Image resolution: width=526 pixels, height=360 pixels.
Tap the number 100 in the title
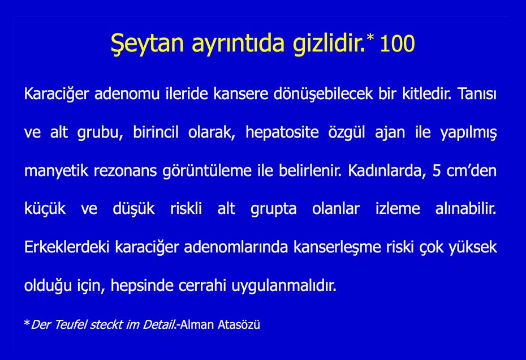pyautogui.click(x=397, y=44)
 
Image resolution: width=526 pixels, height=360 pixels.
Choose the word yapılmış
pyautogui.click(x=468, y=132)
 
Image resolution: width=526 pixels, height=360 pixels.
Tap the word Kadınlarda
pyautogui.click(x=385, y=171)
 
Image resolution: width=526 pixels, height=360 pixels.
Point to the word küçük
pyautogui.click(x=45, y=209)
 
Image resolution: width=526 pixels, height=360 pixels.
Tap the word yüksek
pyautogui.click(x=471, y=248)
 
